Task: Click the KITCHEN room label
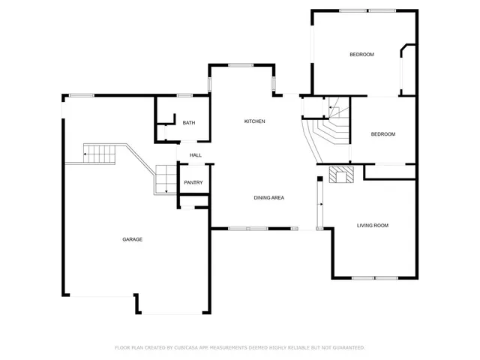point(254,121)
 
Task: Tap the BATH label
point(188,123)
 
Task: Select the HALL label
point(195,155)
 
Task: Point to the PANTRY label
point(193,183)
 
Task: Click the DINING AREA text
point(268,197)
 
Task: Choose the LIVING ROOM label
point(372,225)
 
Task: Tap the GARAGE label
point(133,239)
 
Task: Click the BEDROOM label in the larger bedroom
point(361,54)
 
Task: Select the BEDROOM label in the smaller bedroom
point(383,134)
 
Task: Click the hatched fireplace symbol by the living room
point(340,175)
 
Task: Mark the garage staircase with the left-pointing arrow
point(97,154)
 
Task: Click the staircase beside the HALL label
point(164,180)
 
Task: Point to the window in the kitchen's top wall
point(239,65)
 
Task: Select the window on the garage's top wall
point(81,94)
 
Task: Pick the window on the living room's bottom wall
point(375,278)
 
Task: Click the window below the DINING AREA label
point(248,228)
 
